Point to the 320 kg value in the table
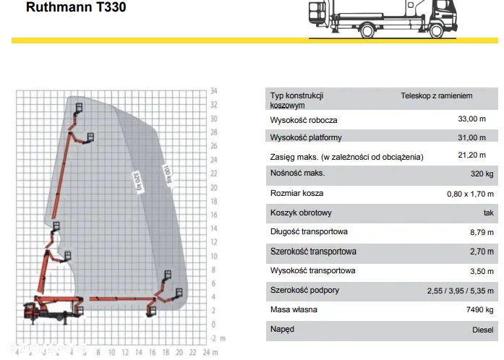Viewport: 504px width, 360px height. coord(480,173)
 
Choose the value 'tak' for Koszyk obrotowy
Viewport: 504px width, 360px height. coord(489,213)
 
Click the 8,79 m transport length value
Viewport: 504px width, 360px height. coord(480,232)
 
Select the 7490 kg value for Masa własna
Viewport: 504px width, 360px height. coord(479,309)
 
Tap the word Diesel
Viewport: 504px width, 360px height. coord(482,329)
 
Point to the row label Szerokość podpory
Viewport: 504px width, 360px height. coord(304,290)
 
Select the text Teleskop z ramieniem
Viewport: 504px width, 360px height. coord(437,95)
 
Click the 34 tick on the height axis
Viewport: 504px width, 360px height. coord(214,92)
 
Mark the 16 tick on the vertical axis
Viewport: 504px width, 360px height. coord(214,215)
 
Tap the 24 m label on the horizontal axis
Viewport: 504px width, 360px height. coord(209,352)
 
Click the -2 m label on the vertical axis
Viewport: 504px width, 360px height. coord(217,338)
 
